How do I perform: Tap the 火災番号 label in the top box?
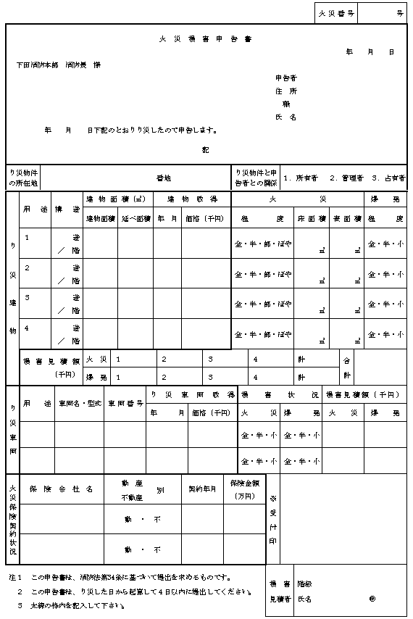pyautogui.click(x=336, y=13)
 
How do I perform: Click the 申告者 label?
pyautogui.click(x=285, y=78)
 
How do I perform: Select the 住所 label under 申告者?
pyautogui.click(x=285, y=91)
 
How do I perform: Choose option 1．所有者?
pyautogui.click(x=301, y=176)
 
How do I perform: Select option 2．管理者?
pyautogui.click(x=346, y=176)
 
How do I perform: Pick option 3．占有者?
pyautogui.click(x=388, y=176)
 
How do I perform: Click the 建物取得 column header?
pyautogui.click(x=192, y=199)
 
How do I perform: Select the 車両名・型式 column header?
pyautogui.click(x=78, y=403)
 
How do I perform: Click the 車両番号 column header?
pyautogui.click(x=125, y=403)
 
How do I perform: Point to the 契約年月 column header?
pyautogui.click(x=202, y=489)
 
